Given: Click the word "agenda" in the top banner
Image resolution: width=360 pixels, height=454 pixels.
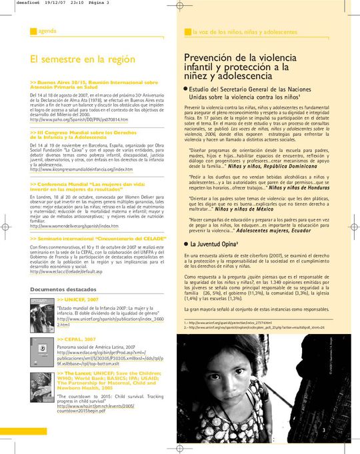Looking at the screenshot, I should point(47,31).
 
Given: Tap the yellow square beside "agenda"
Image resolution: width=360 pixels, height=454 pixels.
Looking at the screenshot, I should point(33,31).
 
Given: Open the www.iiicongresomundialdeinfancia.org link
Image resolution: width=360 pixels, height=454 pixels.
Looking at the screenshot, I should point(77,169).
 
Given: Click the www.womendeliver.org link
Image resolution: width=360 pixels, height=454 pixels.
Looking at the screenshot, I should point(74,226).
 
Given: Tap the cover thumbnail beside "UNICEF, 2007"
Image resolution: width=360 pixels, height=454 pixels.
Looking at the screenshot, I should point(40,313).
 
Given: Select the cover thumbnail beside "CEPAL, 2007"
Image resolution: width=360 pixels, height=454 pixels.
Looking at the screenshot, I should point(40,351).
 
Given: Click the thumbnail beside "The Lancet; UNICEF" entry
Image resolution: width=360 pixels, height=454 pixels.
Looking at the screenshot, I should point(40,389).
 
